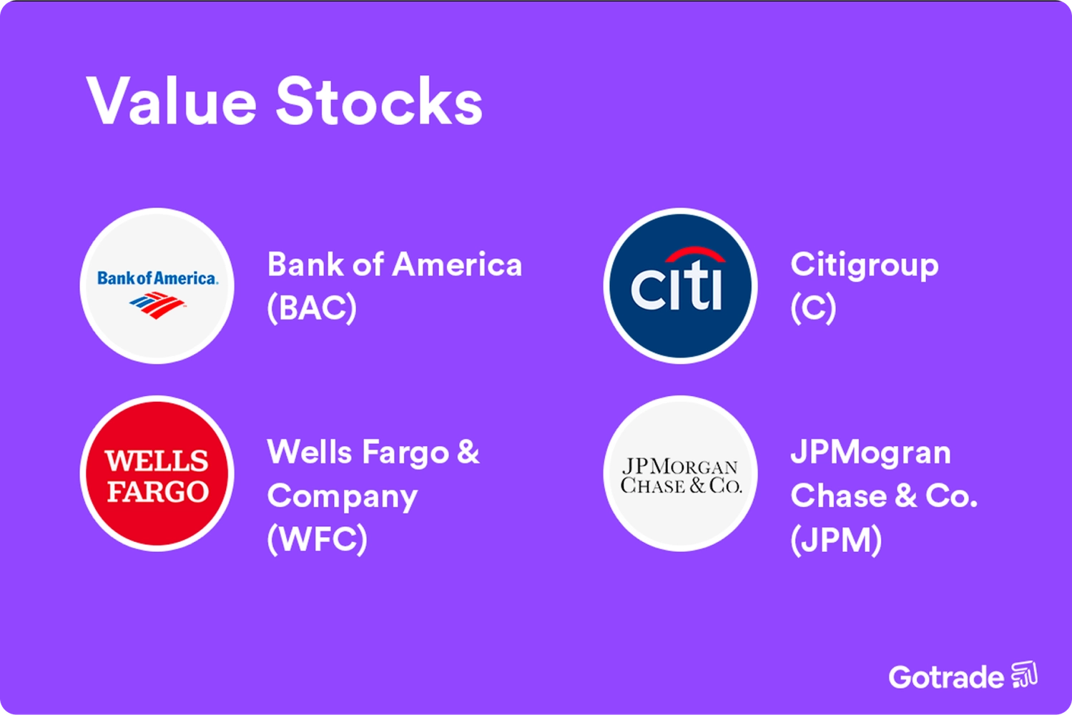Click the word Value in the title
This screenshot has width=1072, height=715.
coord(171,101)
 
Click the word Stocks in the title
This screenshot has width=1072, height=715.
coord(379,101)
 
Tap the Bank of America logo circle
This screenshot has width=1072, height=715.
coord(157,286)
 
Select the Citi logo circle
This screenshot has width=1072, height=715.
coord(680,286)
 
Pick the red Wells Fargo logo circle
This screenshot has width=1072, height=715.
coord(157,473)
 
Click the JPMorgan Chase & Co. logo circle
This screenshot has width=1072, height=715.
coord(680,473)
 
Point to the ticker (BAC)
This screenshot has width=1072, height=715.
coord(312,308)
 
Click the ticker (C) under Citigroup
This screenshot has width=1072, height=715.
coord(813,308)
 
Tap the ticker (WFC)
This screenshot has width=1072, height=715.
coord(317,539)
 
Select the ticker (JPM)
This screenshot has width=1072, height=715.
coord(836,539)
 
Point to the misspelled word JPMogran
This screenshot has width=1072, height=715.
coord(870,453)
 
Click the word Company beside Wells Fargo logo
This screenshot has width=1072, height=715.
coord(342,497)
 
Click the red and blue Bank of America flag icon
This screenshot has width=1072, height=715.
coord(157,305)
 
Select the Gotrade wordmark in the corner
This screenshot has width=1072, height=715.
coord(945,676)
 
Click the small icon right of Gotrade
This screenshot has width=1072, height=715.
coord(1024,675)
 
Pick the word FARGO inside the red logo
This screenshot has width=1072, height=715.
coord(157,491)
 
